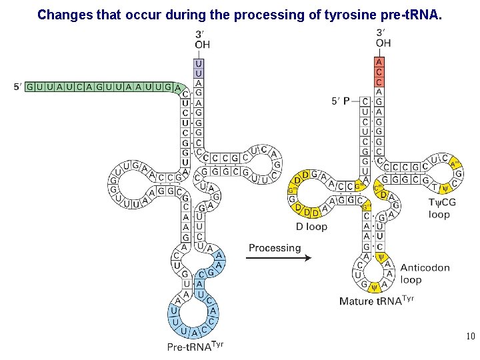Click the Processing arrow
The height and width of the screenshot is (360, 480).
click(x=279, y=259)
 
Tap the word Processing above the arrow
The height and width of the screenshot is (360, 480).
click(x=275, y=248)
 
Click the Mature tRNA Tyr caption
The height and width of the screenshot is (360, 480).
click(x=376, y=300)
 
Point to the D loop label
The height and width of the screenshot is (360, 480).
click(x=311, y=227)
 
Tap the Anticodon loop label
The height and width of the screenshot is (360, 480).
click(x=425, y=273)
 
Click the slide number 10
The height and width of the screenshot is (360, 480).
click(x=471, y=337)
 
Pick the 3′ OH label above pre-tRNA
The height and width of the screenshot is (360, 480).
click(x=202, y=39)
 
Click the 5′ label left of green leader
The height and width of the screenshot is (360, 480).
click(x=18, y=87)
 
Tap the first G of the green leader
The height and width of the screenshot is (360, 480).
click(x=30, y=87)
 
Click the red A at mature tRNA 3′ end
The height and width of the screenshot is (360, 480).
click(x=379, y=62)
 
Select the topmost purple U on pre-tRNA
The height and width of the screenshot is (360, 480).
click(x=198, y=62)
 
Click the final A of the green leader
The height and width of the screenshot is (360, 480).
click(x=177, y=87)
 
